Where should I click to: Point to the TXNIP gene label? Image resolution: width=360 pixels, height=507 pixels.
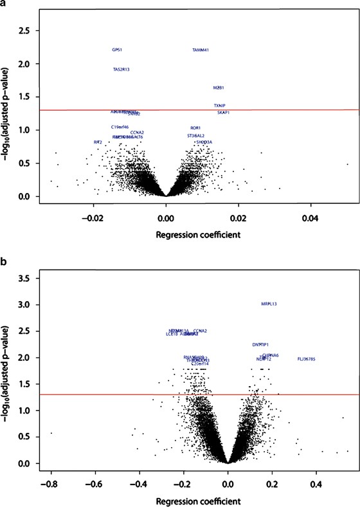click(x=220, y=106)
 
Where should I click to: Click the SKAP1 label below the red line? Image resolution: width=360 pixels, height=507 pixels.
click(x=223, y=113)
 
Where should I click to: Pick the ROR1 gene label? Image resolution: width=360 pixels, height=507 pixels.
click(x=195, y=128)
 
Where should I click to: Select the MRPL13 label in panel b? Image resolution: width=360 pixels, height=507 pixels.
click(x=269, y=304)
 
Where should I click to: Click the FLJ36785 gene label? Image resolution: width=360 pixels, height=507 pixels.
click(x=306, y=358)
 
